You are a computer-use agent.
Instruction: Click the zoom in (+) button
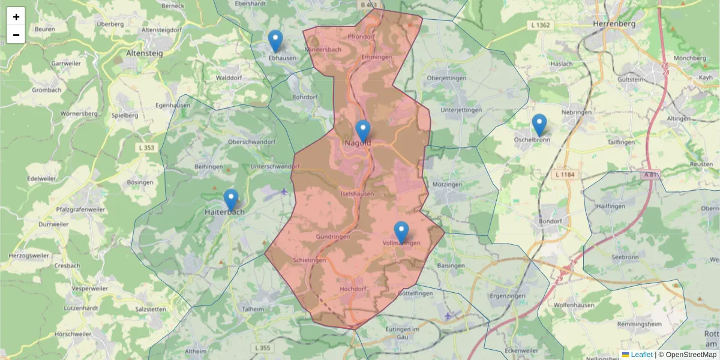16,17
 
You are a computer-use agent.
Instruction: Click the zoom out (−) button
16,35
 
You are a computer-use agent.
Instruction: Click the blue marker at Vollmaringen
401,233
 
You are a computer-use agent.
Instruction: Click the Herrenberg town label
613,23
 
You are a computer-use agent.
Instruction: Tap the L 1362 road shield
541,25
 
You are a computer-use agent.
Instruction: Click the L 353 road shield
145,148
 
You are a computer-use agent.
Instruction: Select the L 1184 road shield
565,174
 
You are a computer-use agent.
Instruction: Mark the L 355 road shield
262,348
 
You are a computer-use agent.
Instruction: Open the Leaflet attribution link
641,355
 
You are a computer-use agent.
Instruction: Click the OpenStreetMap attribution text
691,355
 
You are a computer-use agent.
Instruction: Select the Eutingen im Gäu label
403,334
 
